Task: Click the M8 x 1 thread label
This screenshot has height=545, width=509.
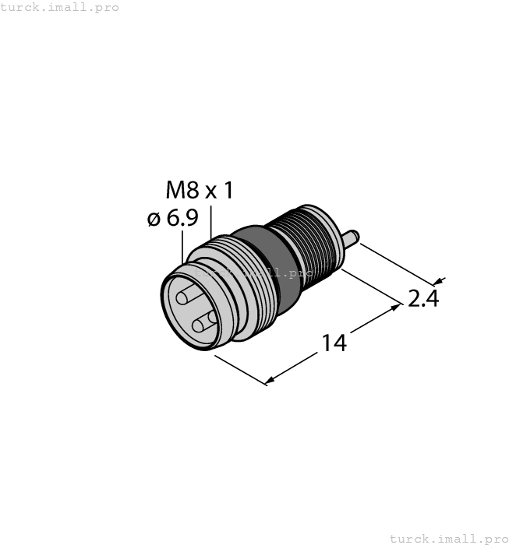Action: [200, 191]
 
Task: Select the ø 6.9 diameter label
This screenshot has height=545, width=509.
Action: [172, 220]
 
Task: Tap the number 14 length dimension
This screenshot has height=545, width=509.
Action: [334, 343]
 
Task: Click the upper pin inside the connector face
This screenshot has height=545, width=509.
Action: [188, 297]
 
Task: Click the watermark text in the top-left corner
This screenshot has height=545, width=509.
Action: [60, 7]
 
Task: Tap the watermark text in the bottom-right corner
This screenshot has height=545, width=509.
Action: [447, 538]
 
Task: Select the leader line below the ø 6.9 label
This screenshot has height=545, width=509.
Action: [183, 248]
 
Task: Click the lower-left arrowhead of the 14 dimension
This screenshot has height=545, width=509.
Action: [268, 381]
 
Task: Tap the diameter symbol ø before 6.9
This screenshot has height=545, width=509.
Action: [153, 220]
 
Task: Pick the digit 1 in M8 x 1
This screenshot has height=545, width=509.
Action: [228, 191]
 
